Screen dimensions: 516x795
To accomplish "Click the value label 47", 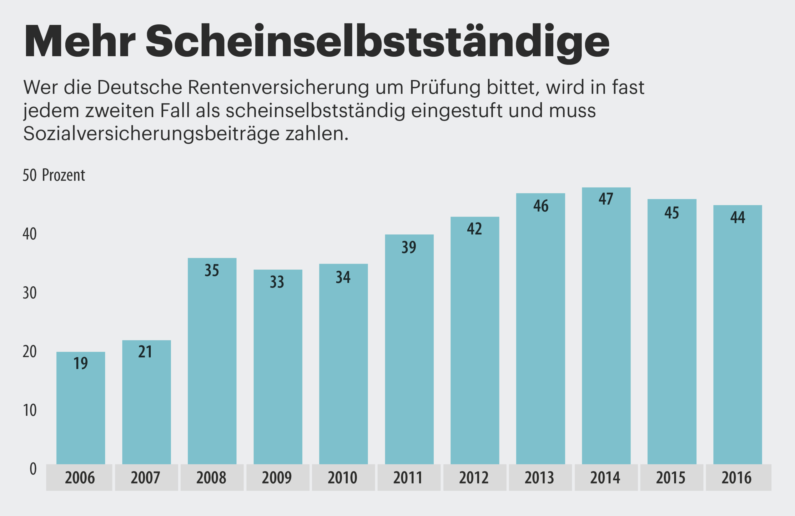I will [x=606, y=199].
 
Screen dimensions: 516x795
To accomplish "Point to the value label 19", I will [x=81, y=363].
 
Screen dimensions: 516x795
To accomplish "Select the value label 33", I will [x=277, y=282].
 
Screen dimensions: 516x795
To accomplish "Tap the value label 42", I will [x=474, y=229].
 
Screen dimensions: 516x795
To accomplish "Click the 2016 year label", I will [x=737, y=478].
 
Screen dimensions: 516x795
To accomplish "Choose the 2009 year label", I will [x=277, y=478].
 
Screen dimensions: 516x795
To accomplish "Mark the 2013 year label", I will [x=540, y=478].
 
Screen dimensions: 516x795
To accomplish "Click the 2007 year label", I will [x=146, y=478].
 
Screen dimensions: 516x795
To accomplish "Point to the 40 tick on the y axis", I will [x=30, y=234].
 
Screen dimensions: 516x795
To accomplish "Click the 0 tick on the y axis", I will [x=33, y=469].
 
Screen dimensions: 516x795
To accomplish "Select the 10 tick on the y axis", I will [x=30, y=410].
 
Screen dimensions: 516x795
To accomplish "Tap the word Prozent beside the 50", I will [x=63, y=175].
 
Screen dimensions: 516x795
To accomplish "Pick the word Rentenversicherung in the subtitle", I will [x=279, y=88].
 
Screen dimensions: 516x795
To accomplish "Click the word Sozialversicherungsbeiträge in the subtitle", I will [x=151, y=134].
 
